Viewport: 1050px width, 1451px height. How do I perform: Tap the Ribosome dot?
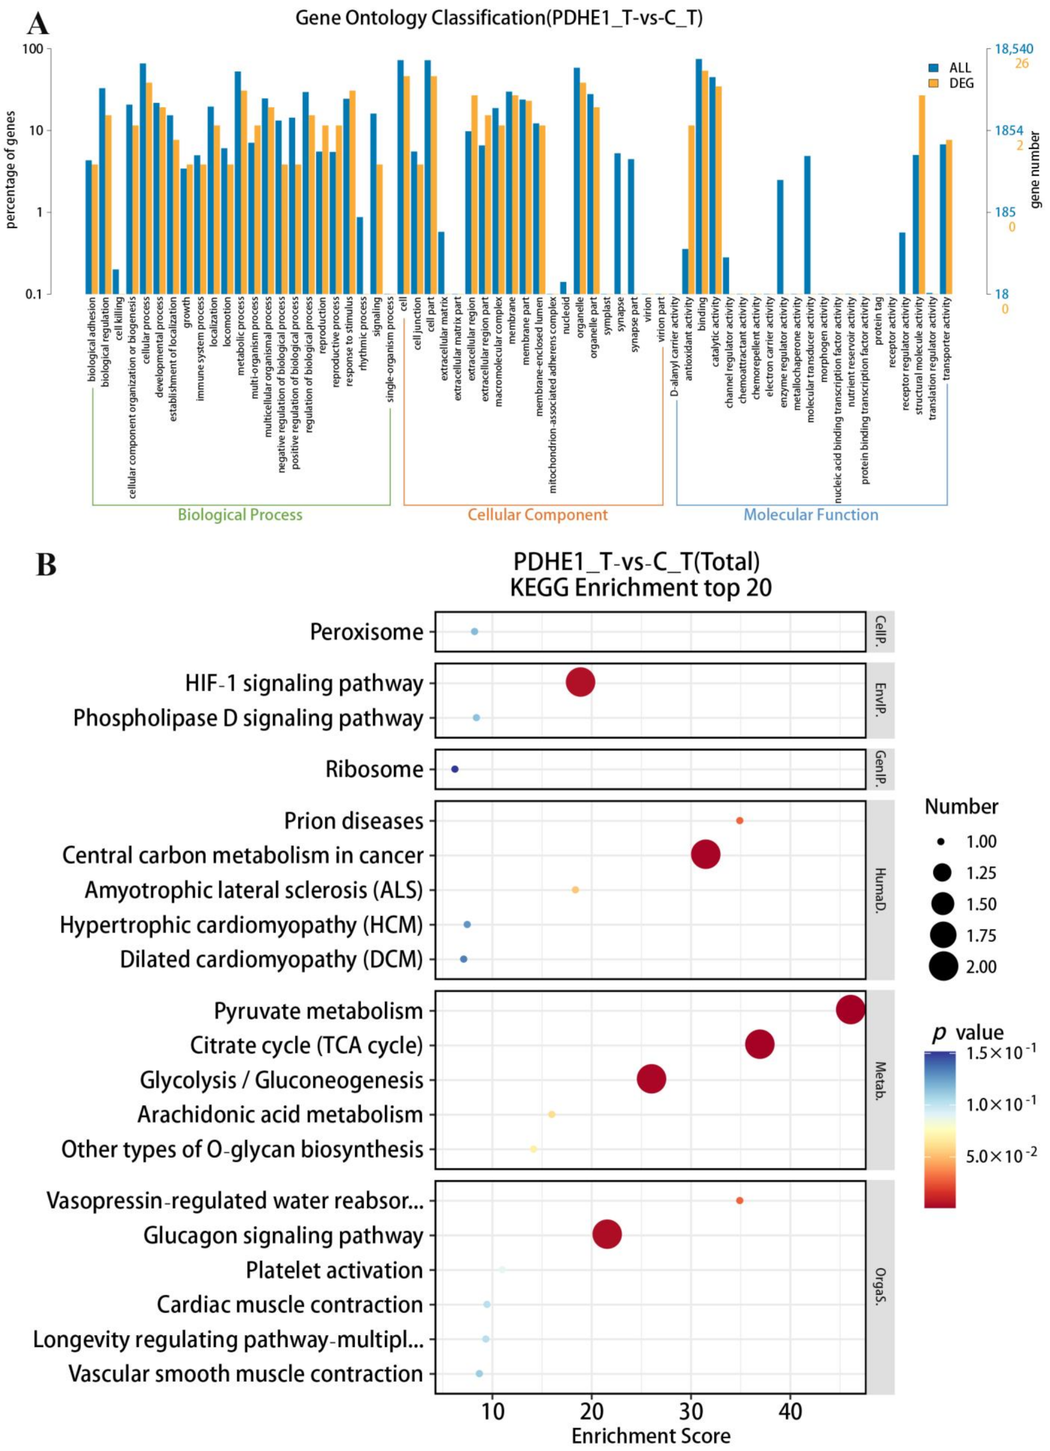[x=455, y=769]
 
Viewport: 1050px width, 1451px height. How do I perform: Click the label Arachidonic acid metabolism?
[x=280, y=1115]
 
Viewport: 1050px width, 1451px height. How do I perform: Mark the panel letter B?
[x=46, y=566]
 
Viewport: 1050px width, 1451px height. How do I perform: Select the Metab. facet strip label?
[x=880, y=1080]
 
